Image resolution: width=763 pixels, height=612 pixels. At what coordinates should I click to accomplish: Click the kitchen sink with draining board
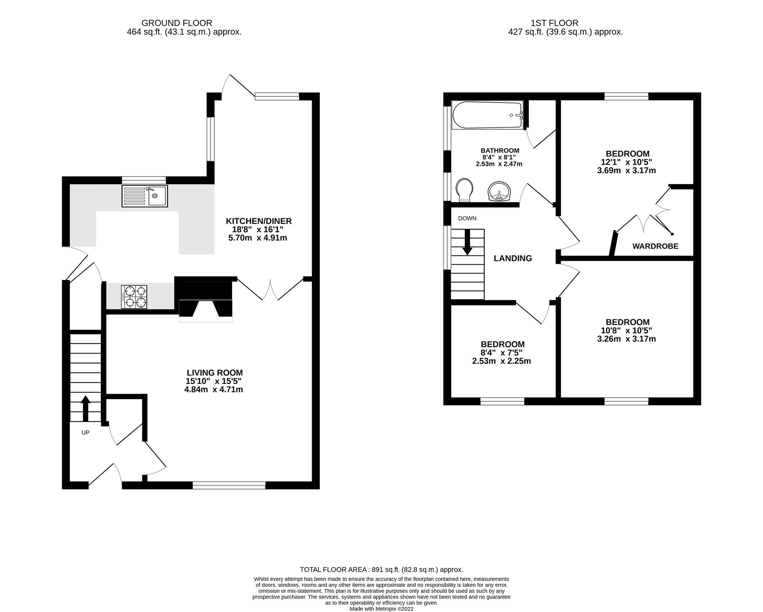tap(145, 196)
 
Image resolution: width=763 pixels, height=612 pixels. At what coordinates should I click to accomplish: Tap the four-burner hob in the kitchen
tap(134, 297)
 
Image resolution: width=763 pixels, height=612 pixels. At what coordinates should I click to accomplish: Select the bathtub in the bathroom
tap(487, 115)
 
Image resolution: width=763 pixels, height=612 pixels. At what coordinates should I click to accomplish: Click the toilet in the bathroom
tap(464, 190)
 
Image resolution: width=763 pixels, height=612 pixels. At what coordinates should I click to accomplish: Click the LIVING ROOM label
tap(215, 373)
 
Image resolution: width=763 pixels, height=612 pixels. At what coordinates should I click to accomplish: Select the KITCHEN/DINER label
tap(259, 221)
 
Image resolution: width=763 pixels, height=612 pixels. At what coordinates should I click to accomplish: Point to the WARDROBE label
tap(655, 246)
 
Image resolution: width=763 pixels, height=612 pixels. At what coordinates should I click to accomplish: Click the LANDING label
tap(513, 258)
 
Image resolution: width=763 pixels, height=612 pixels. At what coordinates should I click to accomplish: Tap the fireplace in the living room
tap(206, 299)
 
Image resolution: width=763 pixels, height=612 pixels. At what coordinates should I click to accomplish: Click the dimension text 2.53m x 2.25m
tap(502, 361)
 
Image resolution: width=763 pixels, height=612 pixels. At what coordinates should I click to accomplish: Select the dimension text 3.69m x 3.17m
tap(626, 170)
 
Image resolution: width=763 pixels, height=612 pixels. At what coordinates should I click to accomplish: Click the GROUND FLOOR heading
tap(177, 23)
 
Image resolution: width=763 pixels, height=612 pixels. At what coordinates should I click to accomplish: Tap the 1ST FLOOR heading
tap(555, 23)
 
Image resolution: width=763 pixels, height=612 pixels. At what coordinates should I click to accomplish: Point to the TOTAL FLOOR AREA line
tap(381, 570)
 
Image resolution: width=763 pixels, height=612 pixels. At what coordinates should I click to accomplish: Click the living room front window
tap(229, 485)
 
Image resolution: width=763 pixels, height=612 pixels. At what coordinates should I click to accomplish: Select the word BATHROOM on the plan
tap(500, 151)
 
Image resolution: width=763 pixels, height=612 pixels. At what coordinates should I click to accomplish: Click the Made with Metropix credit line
tap(381, 609)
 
